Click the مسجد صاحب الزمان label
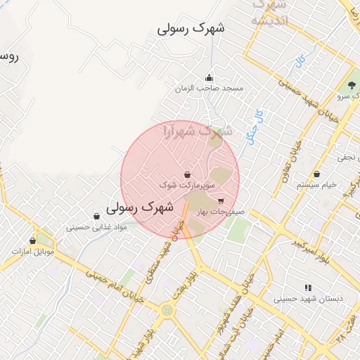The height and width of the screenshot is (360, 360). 210,89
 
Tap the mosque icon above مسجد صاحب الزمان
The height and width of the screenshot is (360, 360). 209,78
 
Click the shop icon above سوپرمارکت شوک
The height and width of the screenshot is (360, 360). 187,174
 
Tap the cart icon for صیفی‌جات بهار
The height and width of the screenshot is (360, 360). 221,201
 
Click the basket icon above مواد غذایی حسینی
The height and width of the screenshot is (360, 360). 96,216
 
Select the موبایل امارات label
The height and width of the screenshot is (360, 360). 32,251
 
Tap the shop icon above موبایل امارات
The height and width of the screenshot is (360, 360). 32,240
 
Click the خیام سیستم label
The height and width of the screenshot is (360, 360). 317,184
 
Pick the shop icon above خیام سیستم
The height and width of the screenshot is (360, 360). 317,174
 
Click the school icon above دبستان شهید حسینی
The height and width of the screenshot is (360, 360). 307,288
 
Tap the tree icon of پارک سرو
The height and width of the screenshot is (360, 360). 350,85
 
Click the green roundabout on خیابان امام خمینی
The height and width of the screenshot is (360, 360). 167,309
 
